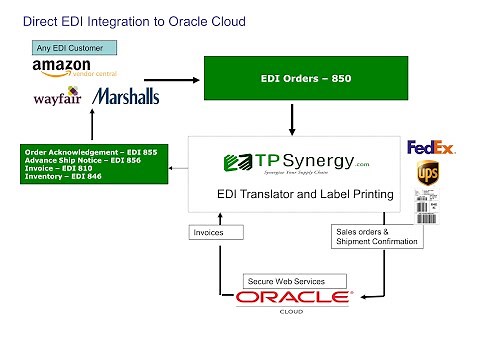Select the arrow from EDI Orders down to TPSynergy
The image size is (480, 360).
291,117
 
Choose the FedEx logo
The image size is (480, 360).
431,147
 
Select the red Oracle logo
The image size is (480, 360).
292,297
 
